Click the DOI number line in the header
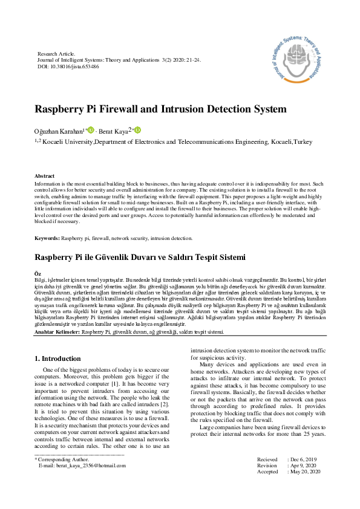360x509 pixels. click(x=68, y=66)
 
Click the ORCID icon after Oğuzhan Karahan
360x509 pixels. click(x=91, y=130)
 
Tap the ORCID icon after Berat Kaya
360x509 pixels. click(x=137, y=130)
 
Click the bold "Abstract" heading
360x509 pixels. click(x=45, y=175)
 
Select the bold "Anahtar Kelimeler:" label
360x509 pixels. click(x=57, y=332)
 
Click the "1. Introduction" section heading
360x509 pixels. click(x=57, y=358)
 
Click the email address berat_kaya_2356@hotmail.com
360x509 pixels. click(x=82, y=465)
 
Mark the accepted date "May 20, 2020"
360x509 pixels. click(x=307, y=472)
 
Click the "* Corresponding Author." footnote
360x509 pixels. click(x=61, y=459)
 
